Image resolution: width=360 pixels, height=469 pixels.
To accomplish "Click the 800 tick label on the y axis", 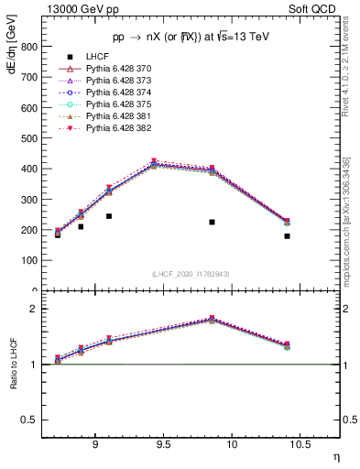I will (28, 47).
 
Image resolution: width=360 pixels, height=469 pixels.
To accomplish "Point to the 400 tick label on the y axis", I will (28, 169).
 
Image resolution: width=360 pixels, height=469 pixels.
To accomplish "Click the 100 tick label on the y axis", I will (28, 260).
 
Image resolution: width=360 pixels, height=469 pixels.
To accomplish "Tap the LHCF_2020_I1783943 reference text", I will (191, 275).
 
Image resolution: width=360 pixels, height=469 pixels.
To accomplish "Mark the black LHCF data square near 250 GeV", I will (108, 216).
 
